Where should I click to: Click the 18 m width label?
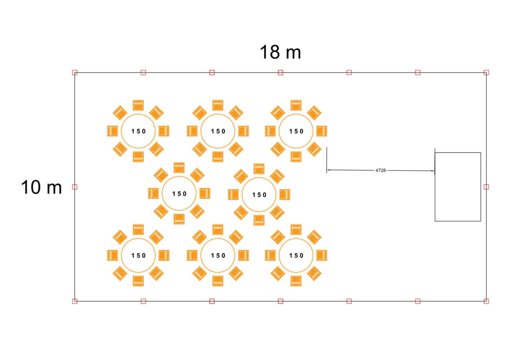281,52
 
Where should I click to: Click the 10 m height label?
41,187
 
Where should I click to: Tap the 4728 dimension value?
381,170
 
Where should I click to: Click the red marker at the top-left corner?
75,73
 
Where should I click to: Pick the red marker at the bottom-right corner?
486,301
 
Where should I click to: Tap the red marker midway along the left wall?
75,187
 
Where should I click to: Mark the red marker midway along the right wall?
486,187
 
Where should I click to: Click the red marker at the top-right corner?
486,73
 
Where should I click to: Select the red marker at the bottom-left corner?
75,301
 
